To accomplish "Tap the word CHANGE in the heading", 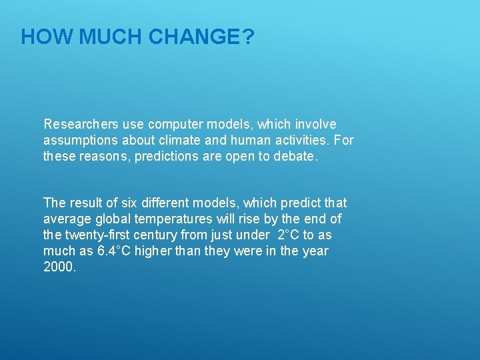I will [x=194, y=37].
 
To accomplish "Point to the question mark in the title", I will [x=248, y=37].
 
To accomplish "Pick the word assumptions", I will [x=79, y=141].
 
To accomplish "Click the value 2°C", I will [x=289, y=235].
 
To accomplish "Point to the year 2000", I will [x=59, y=267].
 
